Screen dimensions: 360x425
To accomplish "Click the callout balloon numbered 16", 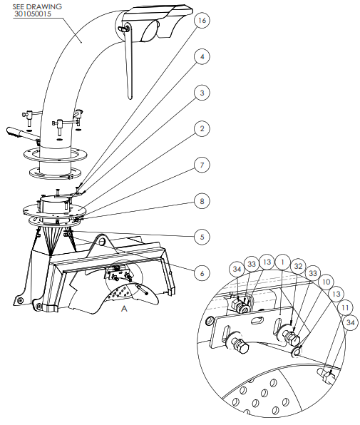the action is [x=202, y=21].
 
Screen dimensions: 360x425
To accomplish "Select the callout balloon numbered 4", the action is [x=202, y=56].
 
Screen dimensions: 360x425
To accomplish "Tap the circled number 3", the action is [x=202, y=93].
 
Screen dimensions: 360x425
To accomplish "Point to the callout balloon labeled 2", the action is [x=202, y=128].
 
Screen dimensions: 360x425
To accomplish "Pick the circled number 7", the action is [x=202, y=165].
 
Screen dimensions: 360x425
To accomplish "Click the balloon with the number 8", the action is [x=202, y=201].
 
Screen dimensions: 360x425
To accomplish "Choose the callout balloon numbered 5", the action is [x=202, y=237].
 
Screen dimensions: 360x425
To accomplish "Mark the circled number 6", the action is [x=202, y=273].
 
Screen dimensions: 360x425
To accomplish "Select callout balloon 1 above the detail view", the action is [x=282, y=262].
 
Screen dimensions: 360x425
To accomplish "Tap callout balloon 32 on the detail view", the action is [x=298, y=266].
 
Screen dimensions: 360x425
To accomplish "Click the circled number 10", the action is [x=326, y=282].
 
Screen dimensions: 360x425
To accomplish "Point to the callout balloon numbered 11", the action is [x=345, y=308].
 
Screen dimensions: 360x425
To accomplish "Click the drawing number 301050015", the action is [x=33, y=14].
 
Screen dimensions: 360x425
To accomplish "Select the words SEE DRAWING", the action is [x=37, y=6].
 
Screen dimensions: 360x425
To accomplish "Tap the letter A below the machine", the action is [x=124, y=309].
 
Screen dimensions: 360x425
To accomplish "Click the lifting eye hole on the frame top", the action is [x=102, y=242].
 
